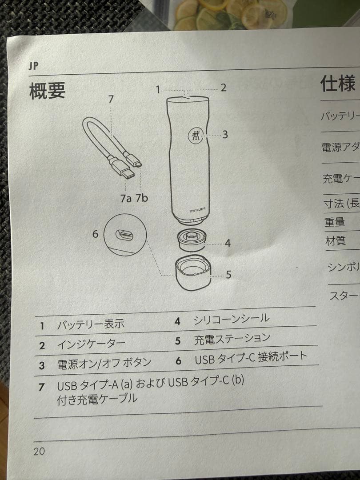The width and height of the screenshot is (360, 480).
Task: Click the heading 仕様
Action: (337, 83)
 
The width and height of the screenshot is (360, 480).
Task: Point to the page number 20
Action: (39, 451)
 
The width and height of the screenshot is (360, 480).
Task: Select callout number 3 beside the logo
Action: (225, 134)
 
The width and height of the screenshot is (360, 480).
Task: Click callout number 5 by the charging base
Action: (228, 275)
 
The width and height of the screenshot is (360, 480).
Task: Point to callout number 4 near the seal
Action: (228, 243)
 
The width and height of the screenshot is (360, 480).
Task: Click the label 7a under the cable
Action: (126, 198)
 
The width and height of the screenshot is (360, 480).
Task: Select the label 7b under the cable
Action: (142, 198)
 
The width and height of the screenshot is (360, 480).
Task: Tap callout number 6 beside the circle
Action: (95, 233)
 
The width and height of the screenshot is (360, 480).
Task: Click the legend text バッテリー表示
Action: (91, 324)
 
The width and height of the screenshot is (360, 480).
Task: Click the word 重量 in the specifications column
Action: (335, 222)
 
